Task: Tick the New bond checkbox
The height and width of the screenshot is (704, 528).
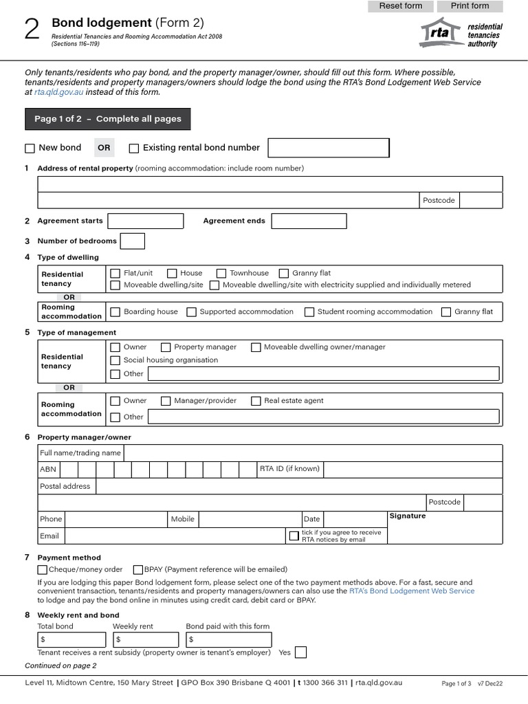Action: (30, 148)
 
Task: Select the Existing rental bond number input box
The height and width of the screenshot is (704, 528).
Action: (328, 148)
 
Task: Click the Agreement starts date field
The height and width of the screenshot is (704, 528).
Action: (146, 221)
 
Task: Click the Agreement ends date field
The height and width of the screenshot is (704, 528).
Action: (309, 221)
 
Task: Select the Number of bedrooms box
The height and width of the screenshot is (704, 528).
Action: (132, 241)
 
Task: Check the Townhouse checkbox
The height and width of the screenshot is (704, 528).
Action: (221, 273)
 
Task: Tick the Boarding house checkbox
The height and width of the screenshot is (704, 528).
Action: (115, 311)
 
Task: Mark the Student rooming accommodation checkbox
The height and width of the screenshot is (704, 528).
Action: (309, 311)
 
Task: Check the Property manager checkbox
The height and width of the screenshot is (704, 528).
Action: (166, 347)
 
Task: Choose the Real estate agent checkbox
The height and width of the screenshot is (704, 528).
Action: (256, 401)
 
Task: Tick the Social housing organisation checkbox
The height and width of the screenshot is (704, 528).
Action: (115, 360)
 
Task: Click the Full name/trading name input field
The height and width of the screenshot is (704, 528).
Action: (312, 453)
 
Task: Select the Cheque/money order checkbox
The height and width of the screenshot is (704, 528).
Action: (42, 569)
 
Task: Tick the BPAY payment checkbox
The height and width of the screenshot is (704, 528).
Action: (138, 569)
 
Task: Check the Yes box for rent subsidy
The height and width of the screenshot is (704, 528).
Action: (300, 652)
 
